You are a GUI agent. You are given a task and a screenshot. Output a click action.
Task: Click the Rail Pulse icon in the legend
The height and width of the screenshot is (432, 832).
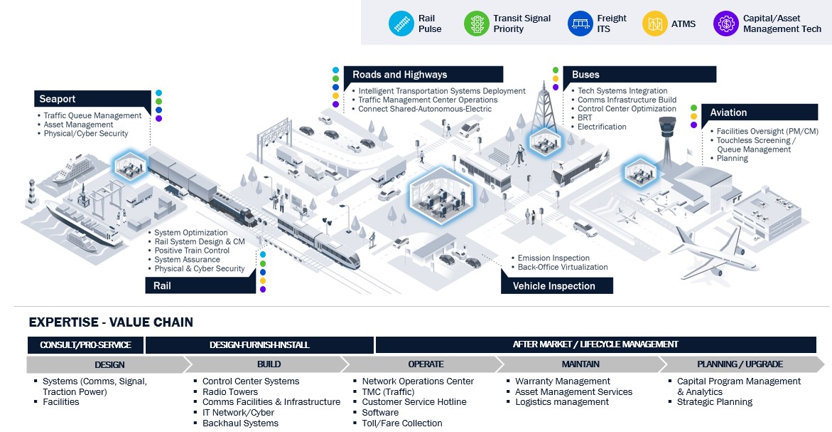pos(400,23)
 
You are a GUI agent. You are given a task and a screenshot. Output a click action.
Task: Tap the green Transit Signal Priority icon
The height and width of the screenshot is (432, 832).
pos(475,23)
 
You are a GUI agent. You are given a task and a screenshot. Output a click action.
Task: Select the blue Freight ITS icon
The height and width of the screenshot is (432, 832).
pos(580,23)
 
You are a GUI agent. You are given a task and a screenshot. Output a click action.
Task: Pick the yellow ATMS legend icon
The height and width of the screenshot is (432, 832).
pos(654,23)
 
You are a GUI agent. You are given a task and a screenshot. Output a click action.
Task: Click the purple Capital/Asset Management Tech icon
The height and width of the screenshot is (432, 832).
pos(726,23)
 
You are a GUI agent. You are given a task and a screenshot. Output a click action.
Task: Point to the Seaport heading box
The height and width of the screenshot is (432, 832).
pos(92,99)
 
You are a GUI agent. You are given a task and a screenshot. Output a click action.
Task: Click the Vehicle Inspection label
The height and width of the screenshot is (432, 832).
pos(556,286)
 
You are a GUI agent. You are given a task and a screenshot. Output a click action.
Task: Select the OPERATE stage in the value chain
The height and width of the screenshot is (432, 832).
pos(425,364)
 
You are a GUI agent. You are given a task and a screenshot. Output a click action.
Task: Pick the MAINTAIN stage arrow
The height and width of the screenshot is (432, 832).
pos(580,364)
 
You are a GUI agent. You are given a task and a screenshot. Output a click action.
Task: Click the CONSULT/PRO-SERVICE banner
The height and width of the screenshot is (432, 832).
pos(85,345)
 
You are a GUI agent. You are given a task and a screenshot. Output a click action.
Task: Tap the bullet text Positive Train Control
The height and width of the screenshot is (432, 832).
pos(192,251)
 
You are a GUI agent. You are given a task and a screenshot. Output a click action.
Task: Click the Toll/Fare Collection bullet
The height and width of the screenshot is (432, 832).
pos(402,423)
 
